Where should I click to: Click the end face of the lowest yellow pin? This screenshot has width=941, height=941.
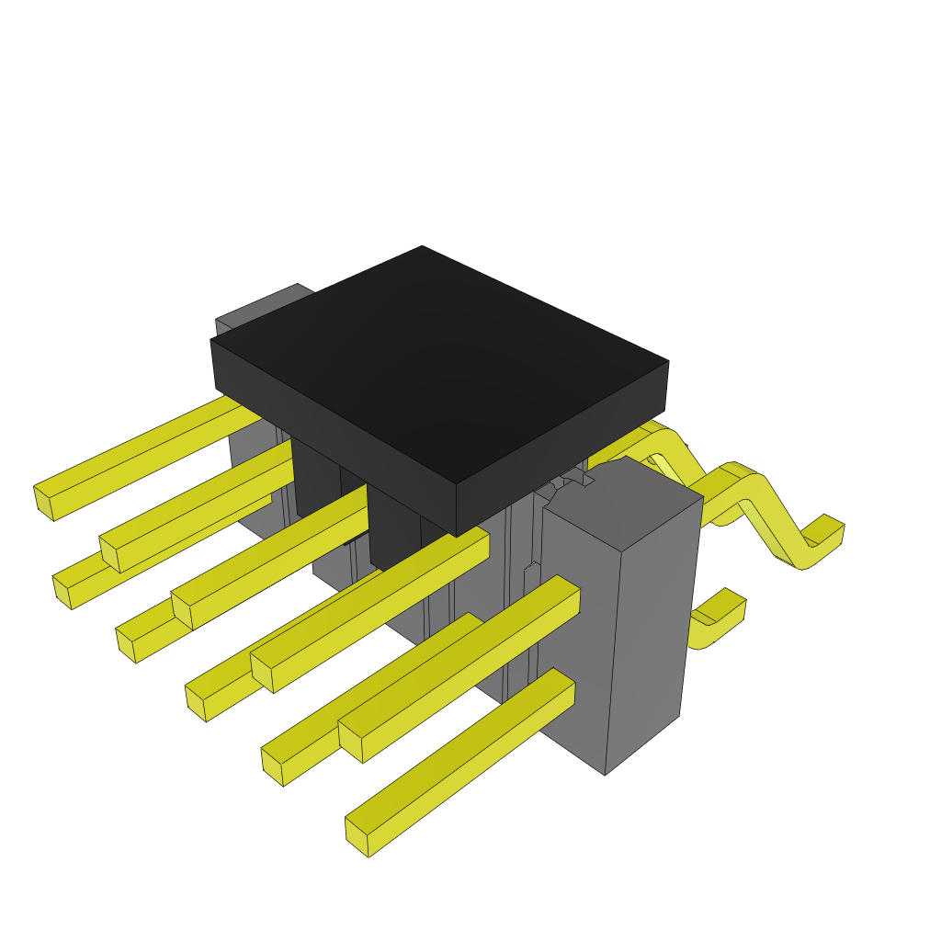point(357,836)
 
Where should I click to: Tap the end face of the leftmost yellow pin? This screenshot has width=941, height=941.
point(43,502)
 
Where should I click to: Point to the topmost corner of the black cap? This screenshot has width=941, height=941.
point(423,247)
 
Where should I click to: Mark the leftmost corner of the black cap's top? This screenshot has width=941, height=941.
point(212,341)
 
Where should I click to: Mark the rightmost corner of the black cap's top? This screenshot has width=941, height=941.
point(667,362)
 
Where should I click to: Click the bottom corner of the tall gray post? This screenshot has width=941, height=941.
point(605,773)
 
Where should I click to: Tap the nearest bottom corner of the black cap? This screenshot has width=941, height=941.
point(457,535)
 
